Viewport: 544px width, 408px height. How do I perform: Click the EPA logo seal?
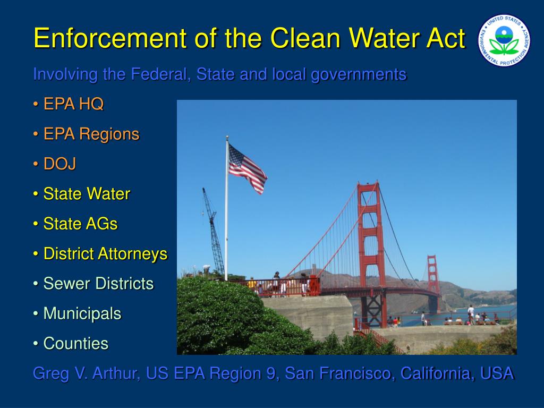[x=504, y=40]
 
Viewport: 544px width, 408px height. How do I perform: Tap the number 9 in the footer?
[x=271, y=373]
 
